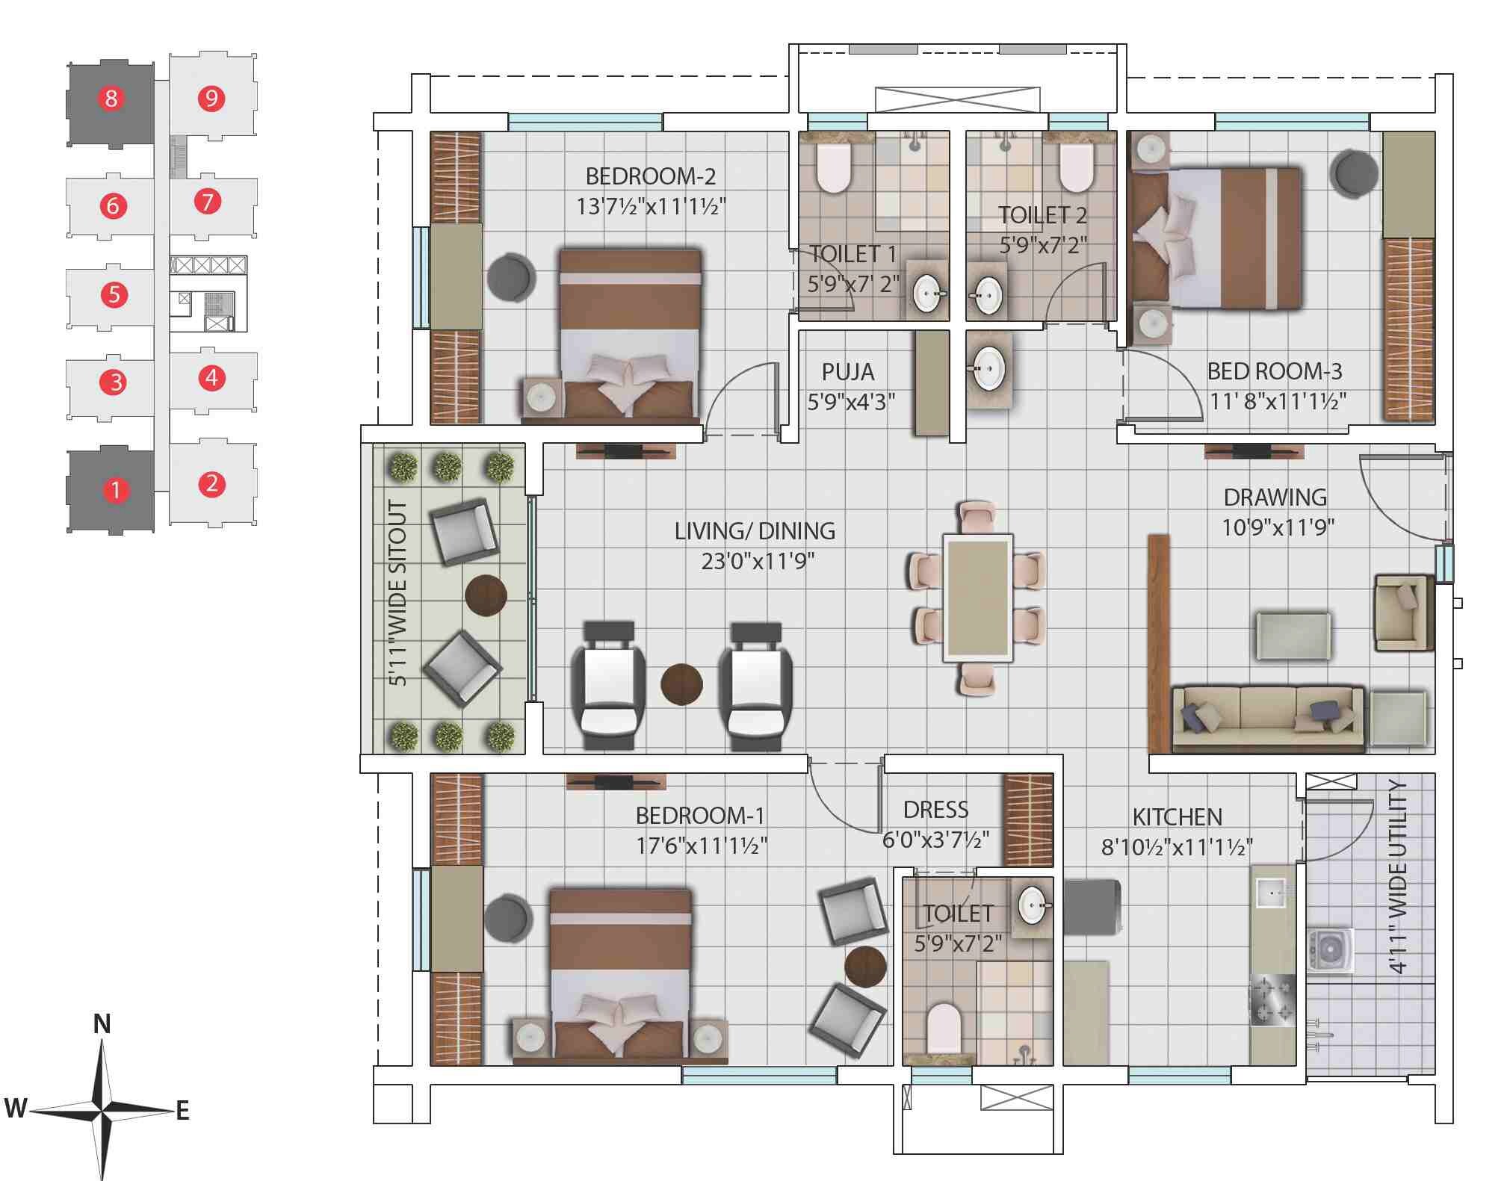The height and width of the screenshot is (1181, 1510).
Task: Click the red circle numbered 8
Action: pos(111,98)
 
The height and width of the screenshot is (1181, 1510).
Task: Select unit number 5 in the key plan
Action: pos(114,294)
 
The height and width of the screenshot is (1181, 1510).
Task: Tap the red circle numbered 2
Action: pos(211,484)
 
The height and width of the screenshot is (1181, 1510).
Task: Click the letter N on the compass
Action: pos(102,1024)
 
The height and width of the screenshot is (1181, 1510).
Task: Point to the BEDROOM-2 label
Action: pos(650,176)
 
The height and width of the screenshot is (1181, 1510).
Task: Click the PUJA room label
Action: pos(847,371)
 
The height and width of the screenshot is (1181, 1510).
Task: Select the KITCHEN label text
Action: pos(1177,817)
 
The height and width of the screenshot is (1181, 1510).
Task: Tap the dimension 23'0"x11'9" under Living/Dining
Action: pos(757,561)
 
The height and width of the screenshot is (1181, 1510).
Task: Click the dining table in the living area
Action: pos(977,598)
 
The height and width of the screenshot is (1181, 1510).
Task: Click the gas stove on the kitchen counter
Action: pos(1272,999)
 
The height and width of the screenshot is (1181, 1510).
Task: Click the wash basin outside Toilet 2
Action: pos(988,369)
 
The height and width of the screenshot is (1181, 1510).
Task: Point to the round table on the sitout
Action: pos(486,595)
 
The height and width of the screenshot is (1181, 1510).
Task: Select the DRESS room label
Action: pos(935,810)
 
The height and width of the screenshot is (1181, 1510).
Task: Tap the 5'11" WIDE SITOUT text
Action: pos(398,594)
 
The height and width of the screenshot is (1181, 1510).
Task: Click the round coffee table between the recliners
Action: pos(681,684)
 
